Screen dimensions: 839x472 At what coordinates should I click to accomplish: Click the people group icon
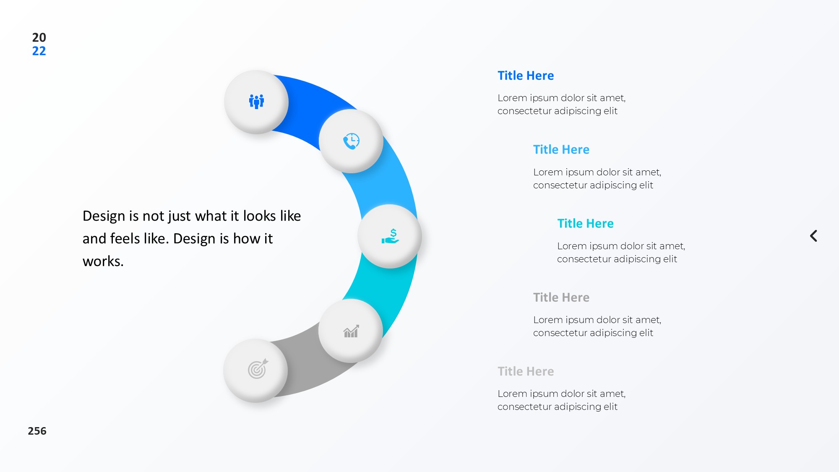click(256, 102)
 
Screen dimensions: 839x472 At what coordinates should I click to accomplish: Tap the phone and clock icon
click(351, 141)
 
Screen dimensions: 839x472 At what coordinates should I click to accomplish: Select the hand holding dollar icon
click(390, 236)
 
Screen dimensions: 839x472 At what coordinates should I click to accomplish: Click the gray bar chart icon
click(351, 331)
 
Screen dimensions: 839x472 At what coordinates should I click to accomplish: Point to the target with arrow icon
click(258, 369)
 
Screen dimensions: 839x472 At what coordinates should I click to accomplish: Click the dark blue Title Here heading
click(526, 76)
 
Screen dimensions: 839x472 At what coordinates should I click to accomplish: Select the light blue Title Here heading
click(561, 149)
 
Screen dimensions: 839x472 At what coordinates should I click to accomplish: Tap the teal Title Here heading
click(585, 223)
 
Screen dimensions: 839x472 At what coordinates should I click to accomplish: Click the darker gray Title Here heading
click(561, 297)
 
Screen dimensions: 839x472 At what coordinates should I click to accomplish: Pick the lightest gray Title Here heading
click(526, 371)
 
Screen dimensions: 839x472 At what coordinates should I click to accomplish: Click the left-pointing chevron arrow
click(813, 236)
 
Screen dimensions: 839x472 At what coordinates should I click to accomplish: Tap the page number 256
click(37, 431)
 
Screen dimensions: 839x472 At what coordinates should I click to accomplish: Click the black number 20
click(39, 37)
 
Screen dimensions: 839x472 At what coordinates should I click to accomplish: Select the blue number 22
click(39, 51)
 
